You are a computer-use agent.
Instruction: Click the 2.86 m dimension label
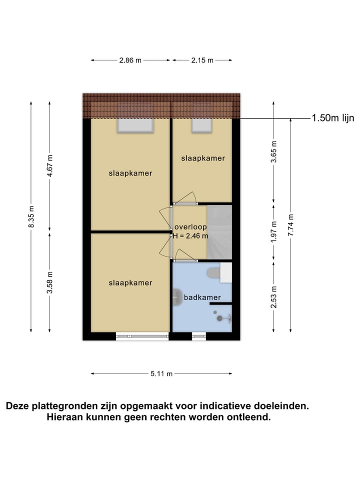pyautogui.click(x=130, y=60)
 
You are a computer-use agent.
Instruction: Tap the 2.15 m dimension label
pyautogui.click(x=202, y=60)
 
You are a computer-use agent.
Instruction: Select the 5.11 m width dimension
pyautogui.click(x=161, y=373)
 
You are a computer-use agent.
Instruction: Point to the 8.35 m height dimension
pyautogui.click(x=31, y=217)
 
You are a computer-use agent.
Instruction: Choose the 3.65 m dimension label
pyautogui.click(x=273, y=151)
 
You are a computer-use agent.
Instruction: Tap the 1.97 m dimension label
pyautogui.click(x=273, y=231)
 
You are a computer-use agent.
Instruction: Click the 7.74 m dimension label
pyautogui.click(x=291, y=224)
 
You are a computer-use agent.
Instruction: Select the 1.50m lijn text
pyautogui.click(x=332, y=118)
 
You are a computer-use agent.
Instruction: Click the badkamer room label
pyautogui.click(x=202, y=297)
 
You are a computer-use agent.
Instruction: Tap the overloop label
pyautogui.click(x=190, y=227)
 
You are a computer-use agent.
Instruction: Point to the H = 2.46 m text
pyautogui.click(x=191, y=235)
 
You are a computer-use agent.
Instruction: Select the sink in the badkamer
pyautogui.click(x=176, y=297)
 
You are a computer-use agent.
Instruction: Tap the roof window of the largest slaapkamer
pyautogui.click(x=135, y=125)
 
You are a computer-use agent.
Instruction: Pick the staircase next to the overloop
pyautogui.click(x=219, y=231)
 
